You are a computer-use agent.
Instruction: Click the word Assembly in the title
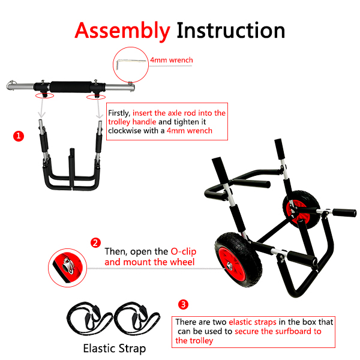tap(122, 31)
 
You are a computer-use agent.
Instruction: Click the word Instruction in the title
tap(231, 31)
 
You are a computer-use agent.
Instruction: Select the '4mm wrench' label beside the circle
tap(172, 60)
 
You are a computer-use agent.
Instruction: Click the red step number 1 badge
tap(19, 136)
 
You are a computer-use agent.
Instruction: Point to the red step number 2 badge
tap(95, 242)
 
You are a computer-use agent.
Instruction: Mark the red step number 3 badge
tap(183, 305)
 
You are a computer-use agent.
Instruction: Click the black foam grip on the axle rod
tap(71, 87)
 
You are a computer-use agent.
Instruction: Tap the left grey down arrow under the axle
tap(41, 107)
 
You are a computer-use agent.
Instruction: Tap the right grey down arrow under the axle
tap(99, 108)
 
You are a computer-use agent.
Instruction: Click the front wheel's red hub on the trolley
tap(230, 265)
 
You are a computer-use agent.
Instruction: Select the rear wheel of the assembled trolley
tap(301, 209)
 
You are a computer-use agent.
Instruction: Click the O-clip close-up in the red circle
tap(67, 268)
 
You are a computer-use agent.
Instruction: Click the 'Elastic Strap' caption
tap(115, 348)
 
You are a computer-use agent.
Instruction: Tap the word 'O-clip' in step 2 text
tap(184, 251)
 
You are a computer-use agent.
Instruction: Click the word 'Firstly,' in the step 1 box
tap(119, 113)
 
